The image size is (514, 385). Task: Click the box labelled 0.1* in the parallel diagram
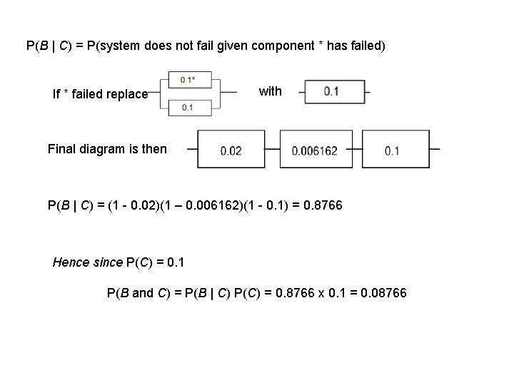point(187,80)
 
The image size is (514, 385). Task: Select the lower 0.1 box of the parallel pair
point(187,107)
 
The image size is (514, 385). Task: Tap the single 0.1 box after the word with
point(332,91)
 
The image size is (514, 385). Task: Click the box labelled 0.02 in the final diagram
point(231,150)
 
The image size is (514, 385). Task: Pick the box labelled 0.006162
point(314,150)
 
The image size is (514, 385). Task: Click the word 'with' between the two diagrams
point(270,91)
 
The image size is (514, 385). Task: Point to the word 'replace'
point(128,94)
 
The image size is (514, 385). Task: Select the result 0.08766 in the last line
point(384,292)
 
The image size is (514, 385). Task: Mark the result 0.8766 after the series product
point(323,206)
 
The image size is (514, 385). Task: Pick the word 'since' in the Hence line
point(108,262)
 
